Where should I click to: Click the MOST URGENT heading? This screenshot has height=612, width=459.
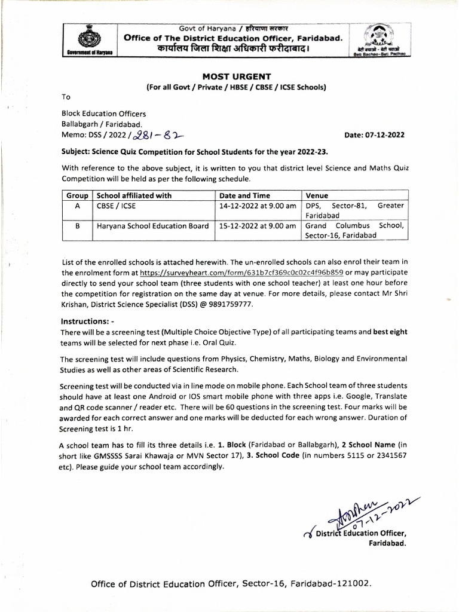[236, 76]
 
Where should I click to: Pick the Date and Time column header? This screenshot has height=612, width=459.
[244, 195]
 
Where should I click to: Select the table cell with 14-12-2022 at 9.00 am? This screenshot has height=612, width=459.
[258, 205]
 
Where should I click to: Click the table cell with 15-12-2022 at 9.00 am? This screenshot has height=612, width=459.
[258, 226]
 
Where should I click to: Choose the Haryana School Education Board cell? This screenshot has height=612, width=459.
[152, 226]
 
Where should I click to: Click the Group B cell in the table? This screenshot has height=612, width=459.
[77, 226]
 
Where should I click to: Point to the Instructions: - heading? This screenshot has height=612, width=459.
[88, 321]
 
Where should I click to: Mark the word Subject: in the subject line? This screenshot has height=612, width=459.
[78, 152]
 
